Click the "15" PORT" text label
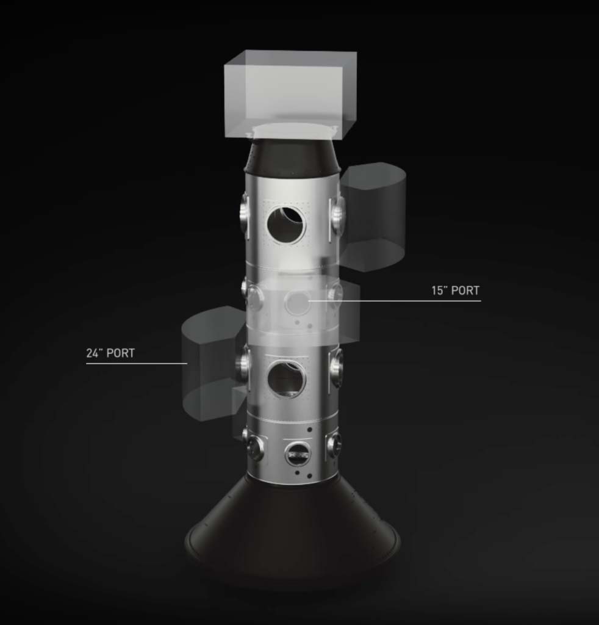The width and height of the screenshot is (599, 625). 456,291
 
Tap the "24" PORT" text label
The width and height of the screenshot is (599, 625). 110,353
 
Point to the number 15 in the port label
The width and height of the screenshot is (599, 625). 439,291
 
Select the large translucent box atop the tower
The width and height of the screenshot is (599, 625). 290,95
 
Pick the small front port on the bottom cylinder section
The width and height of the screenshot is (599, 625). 298,453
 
